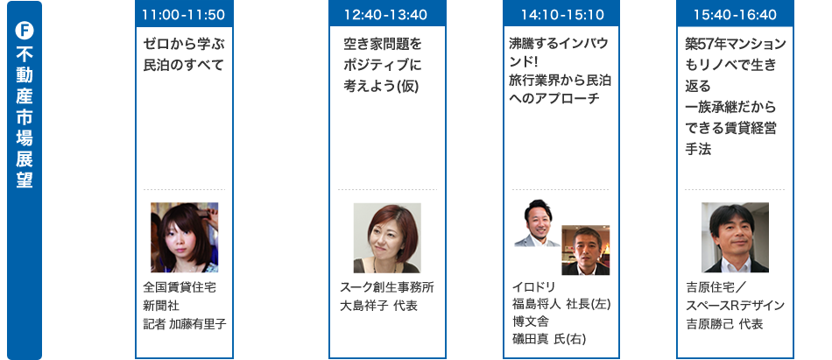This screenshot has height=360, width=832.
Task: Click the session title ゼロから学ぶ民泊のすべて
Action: click(183, 53)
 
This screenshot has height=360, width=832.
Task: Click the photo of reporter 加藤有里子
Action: click(184, 237)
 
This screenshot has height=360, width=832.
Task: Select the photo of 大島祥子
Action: click(386, 237)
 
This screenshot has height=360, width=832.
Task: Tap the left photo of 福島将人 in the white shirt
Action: click(536, 224)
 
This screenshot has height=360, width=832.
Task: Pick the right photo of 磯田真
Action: click(585, 250)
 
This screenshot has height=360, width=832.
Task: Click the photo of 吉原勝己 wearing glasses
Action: click(735, 237)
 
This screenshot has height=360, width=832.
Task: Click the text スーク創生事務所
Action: click(386, 286)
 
